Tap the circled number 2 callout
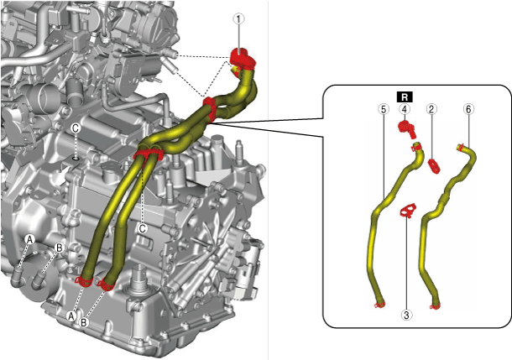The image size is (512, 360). (431, 109)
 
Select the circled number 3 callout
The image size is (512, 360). (406, 316)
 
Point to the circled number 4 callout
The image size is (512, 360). (405, 109)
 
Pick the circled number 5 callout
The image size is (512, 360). (383, 109)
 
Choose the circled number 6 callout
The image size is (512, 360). (468, 109)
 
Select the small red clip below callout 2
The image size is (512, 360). (433, 164)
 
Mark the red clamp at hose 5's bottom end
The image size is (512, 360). (378, 305)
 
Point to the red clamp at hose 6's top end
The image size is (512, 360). (461, 149)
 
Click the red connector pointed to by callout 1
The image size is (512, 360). (241, 59)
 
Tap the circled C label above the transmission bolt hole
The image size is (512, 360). (75, 128)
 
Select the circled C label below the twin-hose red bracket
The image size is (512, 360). (143, 227)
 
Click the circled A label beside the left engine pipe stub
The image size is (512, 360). (29, 239)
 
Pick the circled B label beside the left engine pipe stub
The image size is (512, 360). (59, 248)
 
